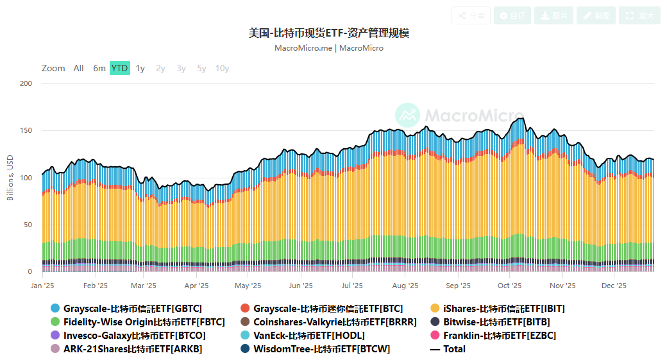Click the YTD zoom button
pos(119,68)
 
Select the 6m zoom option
pos(99,68)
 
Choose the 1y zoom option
pos(140,68)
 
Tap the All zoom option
pos(78,68)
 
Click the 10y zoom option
pos(222,68)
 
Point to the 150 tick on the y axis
pos(26,131)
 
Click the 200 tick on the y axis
pos(26,84)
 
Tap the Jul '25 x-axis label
pos(352,286)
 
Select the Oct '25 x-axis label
pos(509,286)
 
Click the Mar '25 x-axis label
pos(144,286)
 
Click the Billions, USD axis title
pos(10,178)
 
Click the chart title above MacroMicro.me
pos(328,33)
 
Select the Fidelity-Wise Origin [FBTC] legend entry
pos(144,322)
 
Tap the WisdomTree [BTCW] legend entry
pos(321,349)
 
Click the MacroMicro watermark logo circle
pos(407,115)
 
